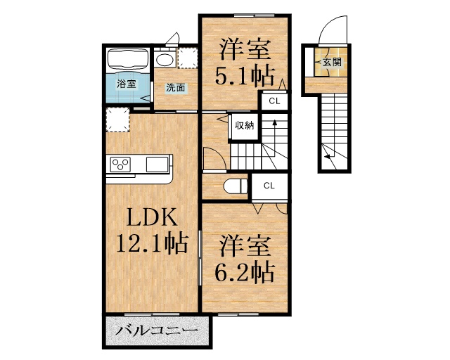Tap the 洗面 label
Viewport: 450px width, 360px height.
coord(176,88)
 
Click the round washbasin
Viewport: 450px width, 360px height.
coord(164,59)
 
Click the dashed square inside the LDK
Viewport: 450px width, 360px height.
coord(117,120)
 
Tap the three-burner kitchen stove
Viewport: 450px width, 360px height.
coord(119,165)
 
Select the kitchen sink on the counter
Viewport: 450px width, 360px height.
coord(157,164)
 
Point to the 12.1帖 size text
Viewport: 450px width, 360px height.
coord(151,244)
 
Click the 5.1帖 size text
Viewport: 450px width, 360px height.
coord(245,74)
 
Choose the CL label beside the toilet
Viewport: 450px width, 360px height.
coord(269,186)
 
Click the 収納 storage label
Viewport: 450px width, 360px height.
coord(244,126)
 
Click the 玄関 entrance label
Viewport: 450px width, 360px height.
coord(332,62)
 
